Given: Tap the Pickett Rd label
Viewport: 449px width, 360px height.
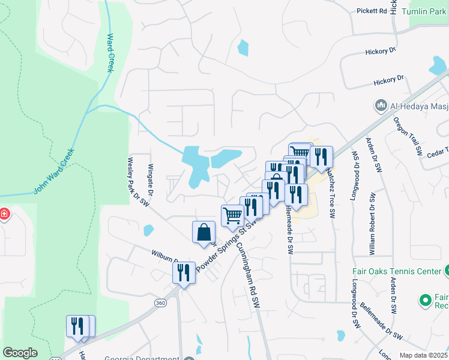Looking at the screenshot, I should click(370, 11).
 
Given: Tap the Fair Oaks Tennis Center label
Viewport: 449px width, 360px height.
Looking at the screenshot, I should click(396, 271).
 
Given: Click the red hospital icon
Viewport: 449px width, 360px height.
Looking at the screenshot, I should click(4, 214).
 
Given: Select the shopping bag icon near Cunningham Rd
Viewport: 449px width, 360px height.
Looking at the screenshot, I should click(203, 232).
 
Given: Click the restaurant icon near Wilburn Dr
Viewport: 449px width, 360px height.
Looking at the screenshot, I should click(184, 272).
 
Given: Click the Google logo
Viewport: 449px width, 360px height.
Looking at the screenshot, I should click(20, 352).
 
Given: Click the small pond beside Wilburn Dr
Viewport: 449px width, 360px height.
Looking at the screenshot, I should click(148, 230).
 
